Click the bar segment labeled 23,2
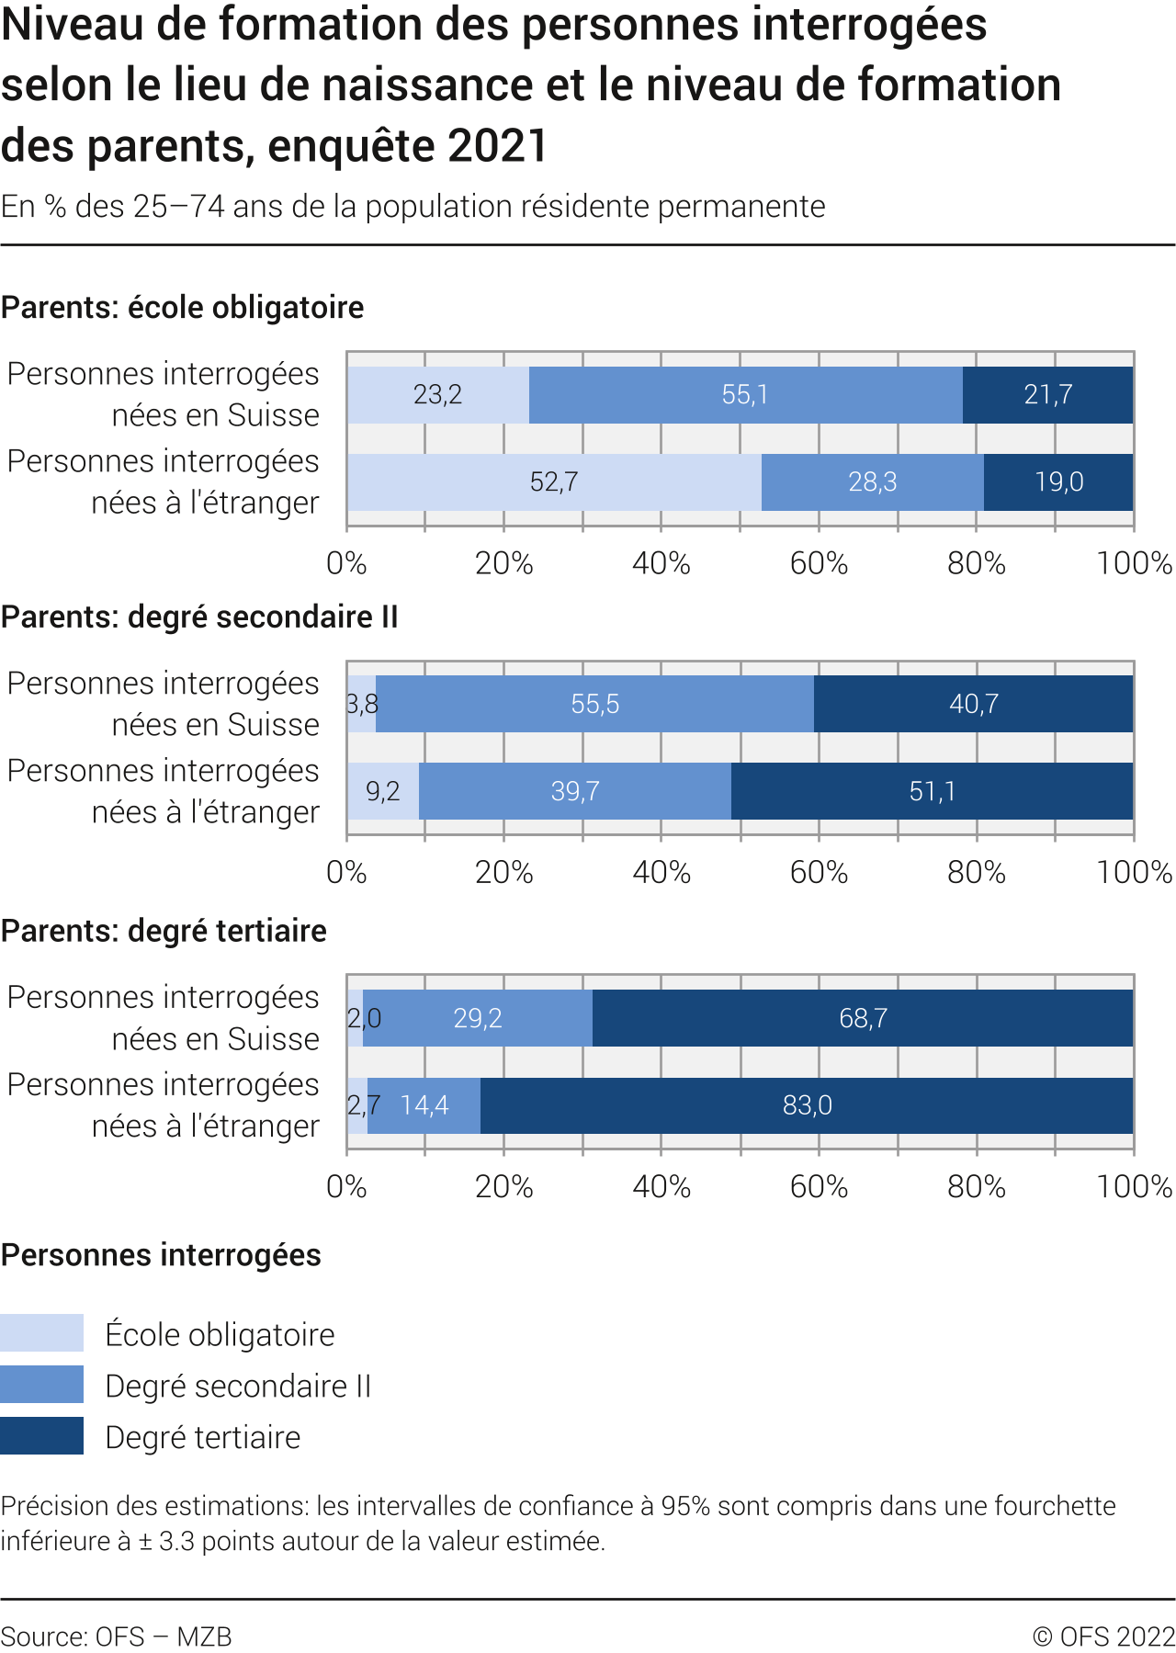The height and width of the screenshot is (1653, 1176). [x=438, y=395]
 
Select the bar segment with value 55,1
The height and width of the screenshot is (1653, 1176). [x=745, y=395]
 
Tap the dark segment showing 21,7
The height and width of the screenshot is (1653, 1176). [x=1047, y=395]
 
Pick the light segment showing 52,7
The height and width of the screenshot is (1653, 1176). [x=554, y=482]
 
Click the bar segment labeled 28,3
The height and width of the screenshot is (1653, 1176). [x=872, y=482]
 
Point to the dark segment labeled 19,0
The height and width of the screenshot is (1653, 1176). [x=1058, y=482]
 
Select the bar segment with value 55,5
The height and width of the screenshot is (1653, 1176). [x=594, y=705]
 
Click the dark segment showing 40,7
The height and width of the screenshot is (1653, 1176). [x=973, y=705]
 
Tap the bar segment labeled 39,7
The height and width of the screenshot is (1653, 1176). [x=575, y=791]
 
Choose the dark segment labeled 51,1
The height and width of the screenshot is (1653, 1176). [x=932, y=791]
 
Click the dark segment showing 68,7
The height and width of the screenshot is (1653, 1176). [x=863, y=1018]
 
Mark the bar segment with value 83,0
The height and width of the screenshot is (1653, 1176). [x=807, y=1105]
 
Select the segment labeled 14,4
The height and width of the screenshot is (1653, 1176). [x=424, y=1105]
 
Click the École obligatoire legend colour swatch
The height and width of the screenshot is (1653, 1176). [x=41, y=1333]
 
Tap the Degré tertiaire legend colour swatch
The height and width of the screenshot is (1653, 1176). [x=41, y=1436]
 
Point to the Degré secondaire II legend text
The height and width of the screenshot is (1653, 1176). [x=238, y=1386]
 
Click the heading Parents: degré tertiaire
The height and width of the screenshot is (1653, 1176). [x=164, y=931]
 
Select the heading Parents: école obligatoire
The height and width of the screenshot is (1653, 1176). [x=182, y=307]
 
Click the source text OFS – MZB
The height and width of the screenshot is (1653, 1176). [x=116, y=1636]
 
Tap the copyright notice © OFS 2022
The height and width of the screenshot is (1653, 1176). [x=1103, y=1636]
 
